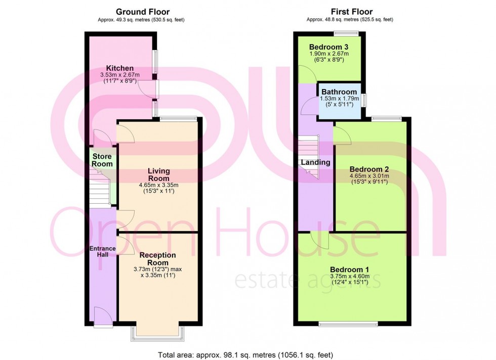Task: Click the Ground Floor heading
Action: [x=143, y=12]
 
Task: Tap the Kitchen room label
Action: [x=120, y=68]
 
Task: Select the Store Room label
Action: [x=102, y=160]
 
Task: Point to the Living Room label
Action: [x=158, y=175]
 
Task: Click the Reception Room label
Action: [x=158, y=259]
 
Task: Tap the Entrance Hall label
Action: [x=102, y=252]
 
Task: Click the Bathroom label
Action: [x=339, y=92]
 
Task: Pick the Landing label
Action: [x=315, y=162]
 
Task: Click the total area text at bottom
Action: [x=246, y=355]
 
